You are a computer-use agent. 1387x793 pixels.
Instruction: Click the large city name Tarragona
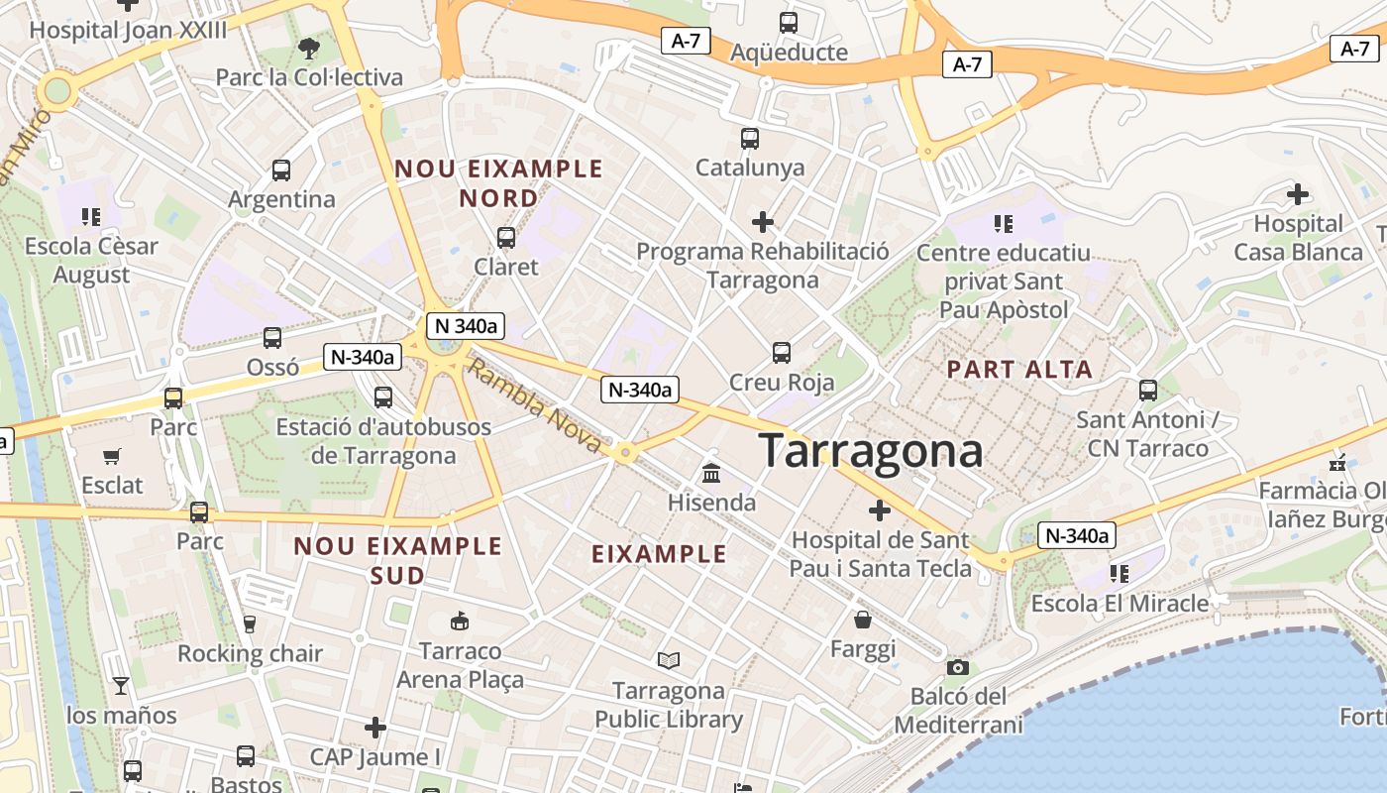(871, 451)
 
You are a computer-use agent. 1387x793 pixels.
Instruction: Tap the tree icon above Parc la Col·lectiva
(309, 48)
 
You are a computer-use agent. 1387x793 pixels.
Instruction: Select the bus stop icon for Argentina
(281, 170)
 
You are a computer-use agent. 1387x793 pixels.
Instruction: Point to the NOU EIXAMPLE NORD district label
(499, 183)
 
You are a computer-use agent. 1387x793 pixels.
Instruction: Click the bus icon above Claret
(506, 238)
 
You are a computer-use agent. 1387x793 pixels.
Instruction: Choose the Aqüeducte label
(789, 53)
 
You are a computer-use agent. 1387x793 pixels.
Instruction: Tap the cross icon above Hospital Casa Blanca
(1297, 194)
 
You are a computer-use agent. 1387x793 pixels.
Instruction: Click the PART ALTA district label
(1019, 370)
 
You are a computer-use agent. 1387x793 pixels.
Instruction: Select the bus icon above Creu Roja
(782, 353)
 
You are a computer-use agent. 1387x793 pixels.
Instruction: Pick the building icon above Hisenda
(710, 474)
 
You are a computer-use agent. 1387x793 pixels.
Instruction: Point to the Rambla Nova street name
(534, 406)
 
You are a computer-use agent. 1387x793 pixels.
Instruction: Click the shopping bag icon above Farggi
(863, 621)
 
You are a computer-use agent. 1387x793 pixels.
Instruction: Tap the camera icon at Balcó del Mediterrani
(957, 667)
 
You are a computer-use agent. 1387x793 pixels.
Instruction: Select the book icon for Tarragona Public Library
(669, 660)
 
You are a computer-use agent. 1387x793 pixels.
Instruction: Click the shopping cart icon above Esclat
(112, 457)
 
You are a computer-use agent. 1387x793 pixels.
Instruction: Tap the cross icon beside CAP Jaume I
(374, 729)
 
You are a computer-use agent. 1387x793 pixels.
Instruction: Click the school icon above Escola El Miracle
(1120, 574)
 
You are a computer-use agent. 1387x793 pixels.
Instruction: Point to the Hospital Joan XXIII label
(128, 30)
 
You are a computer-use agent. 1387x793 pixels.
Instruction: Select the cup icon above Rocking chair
(249, 624)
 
